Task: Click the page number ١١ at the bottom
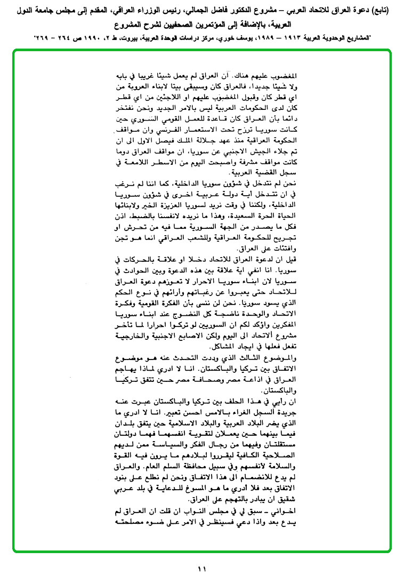pos(201,569)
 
